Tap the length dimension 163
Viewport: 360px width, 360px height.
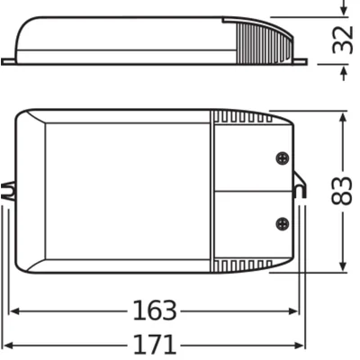pos(153,310)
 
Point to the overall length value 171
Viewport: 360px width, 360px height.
pos(153,344)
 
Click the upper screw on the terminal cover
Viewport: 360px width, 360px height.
pos(282,157)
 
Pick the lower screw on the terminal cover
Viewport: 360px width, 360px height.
pos(282,221)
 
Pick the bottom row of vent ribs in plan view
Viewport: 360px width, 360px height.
pos(241,265)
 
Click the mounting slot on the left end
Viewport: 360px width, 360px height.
pos(9,191)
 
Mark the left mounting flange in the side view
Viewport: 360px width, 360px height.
pos(9,61)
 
